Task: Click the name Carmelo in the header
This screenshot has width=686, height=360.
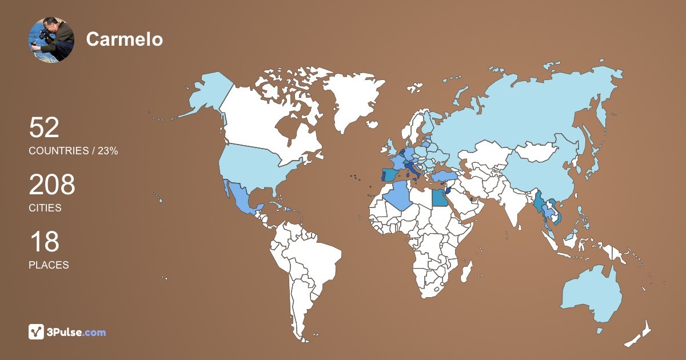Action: tap(125, 39)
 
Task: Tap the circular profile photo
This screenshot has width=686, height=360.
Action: tap(51, 39)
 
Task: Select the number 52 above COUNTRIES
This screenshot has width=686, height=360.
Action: tap(44, 127)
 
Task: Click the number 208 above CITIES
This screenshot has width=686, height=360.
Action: tap(52, 185)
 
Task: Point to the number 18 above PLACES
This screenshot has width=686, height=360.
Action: tap(44, 242)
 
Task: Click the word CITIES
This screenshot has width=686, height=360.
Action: tap(45, 208)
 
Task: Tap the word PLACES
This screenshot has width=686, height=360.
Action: tap(49, 265)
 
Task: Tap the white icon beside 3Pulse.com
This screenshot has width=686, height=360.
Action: tap(37, 332)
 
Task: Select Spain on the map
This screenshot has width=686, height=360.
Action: tap(390, 174)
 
